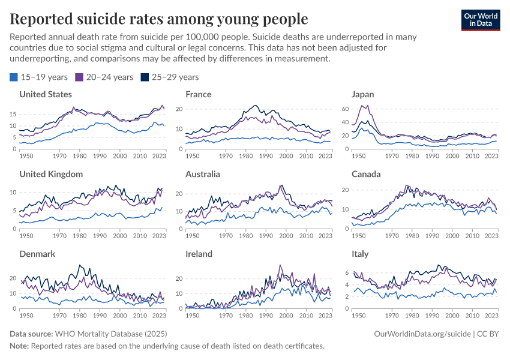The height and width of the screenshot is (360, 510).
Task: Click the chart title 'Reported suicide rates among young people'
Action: pyautogui.click(x=159, y=19)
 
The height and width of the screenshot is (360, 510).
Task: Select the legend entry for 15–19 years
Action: pyautogui.click(x=39, y=77)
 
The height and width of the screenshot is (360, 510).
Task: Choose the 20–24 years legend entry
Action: pyautogui.click(x=104, y=77)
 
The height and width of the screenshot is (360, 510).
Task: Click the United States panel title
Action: pyautogui.click(x=46, y=94)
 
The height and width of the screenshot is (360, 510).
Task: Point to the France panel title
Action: pyautogui.click(x=199, y=94)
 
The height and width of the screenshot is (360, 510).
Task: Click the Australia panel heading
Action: pyautogui.click(x=203, y=174)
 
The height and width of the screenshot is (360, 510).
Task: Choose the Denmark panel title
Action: pyautogui.click(x=37, y=254)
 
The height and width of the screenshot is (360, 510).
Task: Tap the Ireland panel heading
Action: pyautogui.click(x=199, y=254)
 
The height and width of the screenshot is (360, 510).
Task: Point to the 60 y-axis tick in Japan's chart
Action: pyautogui.click(x=344, y=109)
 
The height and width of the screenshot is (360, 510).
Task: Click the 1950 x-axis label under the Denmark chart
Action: pyautogui.click(x=26, y=315)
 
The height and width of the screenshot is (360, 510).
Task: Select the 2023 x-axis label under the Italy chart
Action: pyautogui.click(x=490, y=315)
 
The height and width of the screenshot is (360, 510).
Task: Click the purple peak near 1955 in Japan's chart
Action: pyautogui.click(x=366, y=106)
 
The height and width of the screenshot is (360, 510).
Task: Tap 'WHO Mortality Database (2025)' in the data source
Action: pyautogui.click(x=111, y=333)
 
